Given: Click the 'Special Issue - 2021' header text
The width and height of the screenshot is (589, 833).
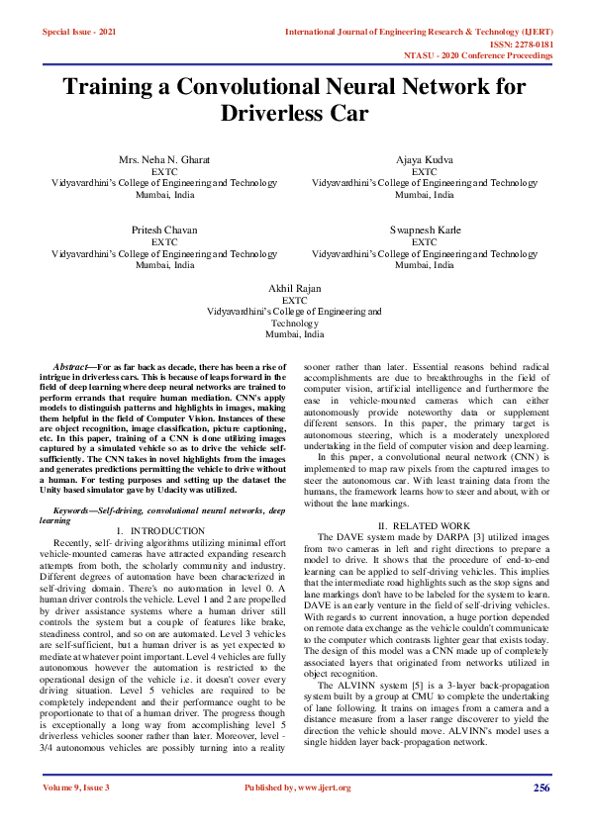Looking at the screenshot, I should click(78, 32).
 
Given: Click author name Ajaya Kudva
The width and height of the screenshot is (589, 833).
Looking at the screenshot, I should click(425, 159).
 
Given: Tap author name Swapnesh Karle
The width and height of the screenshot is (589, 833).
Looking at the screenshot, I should click(425, 230).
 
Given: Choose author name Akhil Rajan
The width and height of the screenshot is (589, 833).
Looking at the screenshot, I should click(294, 287).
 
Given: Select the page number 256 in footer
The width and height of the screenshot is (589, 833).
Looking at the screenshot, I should click(540, 787).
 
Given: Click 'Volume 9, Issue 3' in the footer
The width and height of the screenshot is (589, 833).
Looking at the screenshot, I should click(76, 787).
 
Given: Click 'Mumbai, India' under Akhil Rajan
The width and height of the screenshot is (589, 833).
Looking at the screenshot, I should click(294, 334).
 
